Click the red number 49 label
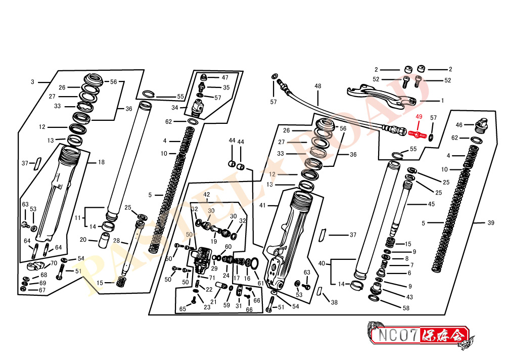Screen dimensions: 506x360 (x=419, y=117)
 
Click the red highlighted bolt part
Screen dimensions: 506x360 (x=418, y=133)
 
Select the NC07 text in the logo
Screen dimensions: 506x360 (x=398, y=335)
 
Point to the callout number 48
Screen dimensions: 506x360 (x=318, y=86)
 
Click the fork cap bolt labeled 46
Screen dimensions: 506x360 (x=481, y=125)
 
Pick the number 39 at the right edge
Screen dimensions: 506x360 (x=491, y=223)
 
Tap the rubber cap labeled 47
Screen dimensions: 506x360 (x=203, y=78)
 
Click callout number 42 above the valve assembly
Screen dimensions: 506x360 (x=207, y=194)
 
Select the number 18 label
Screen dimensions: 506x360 (x=101, y=162)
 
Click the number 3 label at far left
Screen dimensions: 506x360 (x=32, y=82)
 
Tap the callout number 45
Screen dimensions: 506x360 (x=432, y=204)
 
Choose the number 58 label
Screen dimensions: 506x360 (x=406, y=308)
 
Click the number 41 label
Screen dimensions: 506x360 (x=262, y=205)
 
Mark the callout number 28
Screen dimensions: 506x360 (x=116, y=241)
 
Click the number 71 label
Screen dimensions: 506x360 (x=212, y=278)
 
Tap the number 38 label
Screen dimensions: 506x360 (x=334, y=302)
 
